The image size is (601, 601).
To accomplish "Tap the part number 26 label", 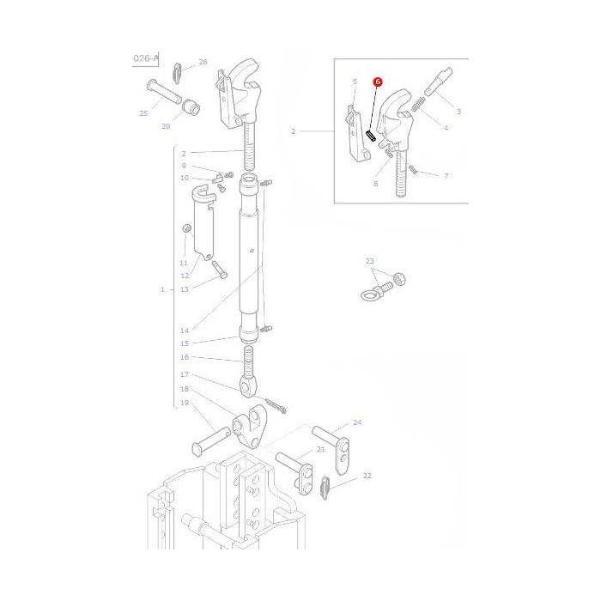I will tap(203, 62).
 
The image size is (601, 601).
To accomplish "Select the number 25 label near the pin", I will tap(143, 113).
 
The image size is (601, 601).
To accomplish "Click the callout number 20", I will tap(166, 126).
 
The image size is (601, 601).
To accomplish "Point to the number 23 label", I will tap(369, 261).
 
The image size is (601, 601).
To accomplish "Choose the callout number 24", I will tap(357, 422).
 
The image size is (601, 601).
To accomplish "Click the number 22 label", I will tap(367, 475).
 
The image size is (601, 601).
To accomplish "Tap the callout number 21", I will tap(320, 450).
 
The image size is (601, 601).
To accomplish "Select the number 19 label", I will tap(184, 403).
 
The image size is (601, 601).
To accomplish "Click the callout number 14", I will tap(184, 330).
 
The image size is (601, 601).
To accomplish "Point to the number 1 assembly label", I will tap(162, 289).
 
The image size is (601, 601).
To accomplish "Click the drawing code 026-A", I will tap(144, 58).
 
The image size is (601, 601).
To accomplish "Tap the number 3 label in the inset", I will tap(458, 112).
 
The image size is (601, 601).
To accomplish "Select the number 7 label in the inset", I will tap(446, 176).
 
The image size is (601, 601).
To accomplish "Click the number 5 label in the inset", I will tap(354, 82).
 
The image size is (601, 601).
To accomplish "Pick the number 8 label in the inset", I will tap(375, 184).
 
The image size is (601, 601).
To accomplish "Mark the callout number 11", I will tap(184, 263).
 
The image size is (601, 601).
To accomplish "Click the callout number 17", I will tap(184, 374).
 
